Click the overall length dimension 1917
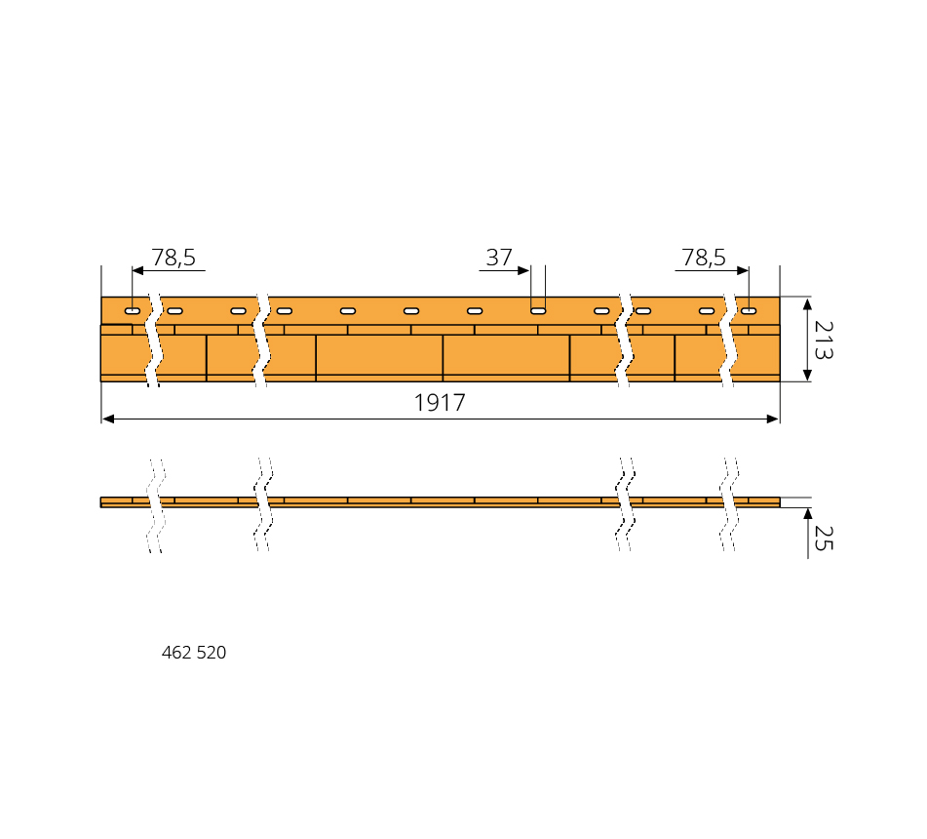440,403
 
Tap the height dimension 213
824,340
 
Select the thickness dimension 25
824,538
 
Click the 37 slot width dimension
499,258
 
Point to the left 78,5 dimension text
174,258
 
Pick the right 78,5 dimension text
704,258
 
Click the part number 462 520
194,653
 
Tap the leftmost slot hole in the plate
133,311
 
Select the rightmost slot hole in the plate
749,311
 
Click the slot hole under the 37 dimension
538,311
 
